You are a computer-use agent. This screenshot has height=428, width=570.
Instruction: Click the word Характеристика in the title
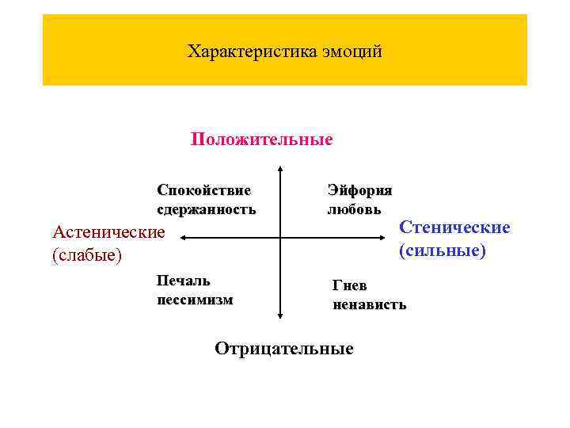coord(252,52)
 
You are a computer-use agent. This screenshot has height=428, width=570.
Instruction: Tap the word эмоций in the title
coord(353,52)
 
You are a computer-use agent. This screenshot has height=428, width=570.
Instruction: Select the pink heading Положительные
coord(262,140)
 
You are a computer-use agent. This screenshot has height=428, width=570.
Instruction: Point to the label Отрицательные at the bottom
coord(284,349)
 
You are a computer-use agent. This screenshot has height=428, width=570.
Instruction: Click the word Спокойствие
coord(203,190)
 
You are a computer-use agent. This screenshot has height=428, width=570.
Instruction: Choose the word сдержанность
coord(206,210)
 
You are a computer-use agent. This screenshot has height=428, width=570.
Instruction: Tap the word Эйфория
coord(359,190)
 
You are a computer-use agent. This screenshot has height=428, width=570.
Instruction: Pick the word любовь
coord(354,210)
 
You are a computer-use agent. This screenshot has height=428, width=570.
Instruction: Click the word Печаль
coord(183,281)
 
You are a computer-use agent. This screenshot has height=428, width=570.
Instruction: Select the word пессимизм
coord(195,300)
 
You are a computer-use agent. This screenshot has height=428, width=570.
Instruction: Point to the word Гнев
coord(349,285)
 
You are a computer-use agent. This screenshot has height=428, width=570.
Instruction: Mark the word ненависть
coord(370,304)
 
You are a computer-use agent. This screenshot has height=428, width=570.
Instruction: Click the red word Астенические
coord(108,232)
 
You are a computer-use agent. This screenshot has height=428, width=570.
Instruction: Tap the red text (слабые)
coord(86,256)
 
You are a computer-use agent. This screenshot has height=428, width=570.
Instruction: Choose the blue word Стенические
coord(454,227)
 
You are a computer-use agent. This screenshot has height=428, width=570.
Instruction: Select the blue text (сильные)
coord(443,251)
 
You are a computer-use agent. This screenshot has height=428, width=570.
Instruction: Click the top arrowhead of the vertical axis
coord(280,170)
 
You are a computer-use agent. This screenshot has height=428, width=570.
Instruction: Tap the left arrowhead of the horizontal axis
coord(180,236)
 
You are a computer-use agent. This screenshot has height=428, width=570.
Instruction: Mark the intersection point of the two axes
coord(280,236)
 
